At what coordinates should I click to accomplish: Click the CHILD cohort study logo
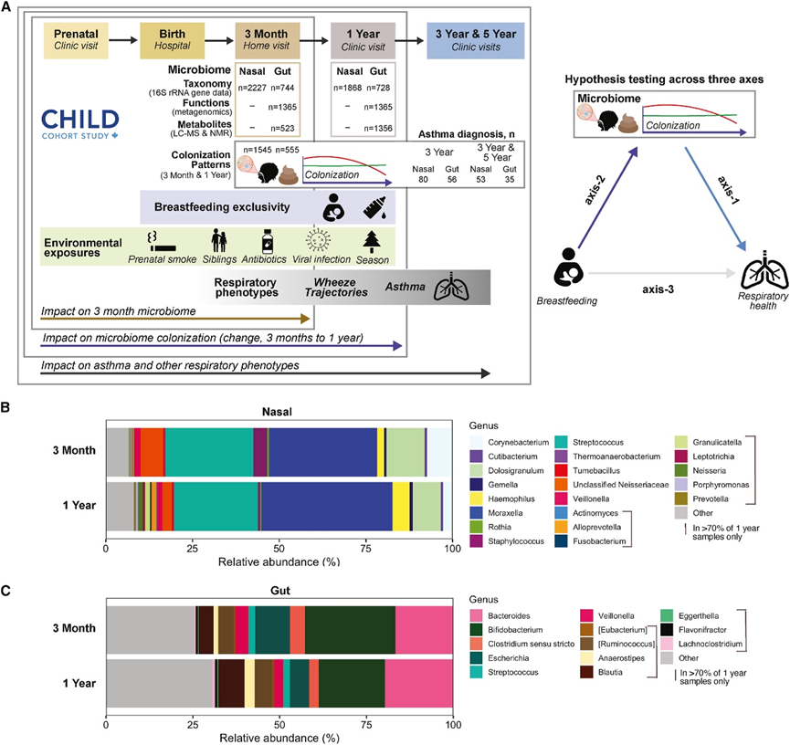point(79,122)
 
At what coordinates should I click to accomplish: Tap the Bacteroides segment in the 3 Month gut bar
point(424,629)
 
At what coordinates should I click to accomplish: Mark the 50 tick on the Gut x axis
point(279,725)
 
